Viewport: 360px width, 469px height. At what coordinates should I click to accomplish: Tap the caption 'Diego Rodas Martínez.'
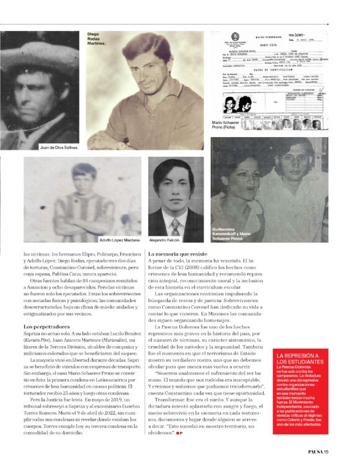point(97,39)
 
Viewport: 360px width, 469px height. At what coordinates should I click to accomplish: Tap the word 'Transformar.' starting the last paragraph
point(166,400)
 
